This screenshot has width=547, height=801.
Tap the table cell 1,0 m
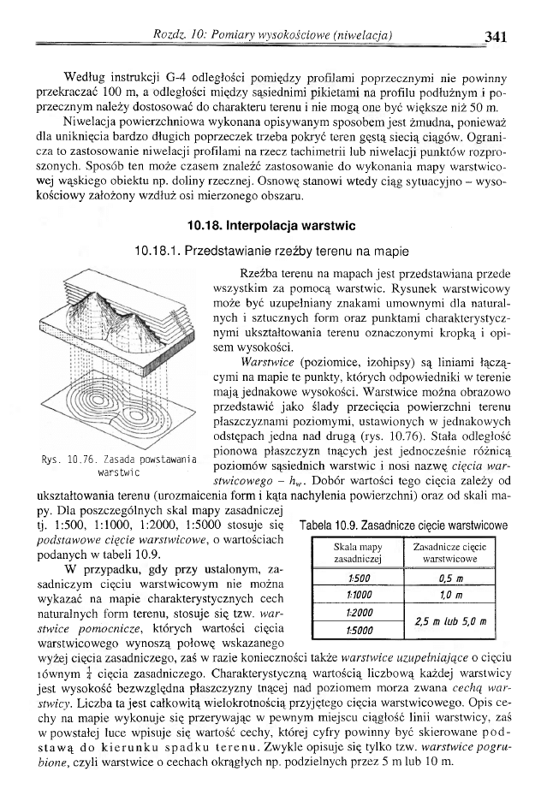click(450, 596)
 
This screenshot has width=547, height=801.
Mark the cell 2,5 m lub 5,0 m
click(450, 624)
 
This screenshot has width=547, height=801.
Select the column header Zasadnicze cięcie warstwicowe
click(450, 553)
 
